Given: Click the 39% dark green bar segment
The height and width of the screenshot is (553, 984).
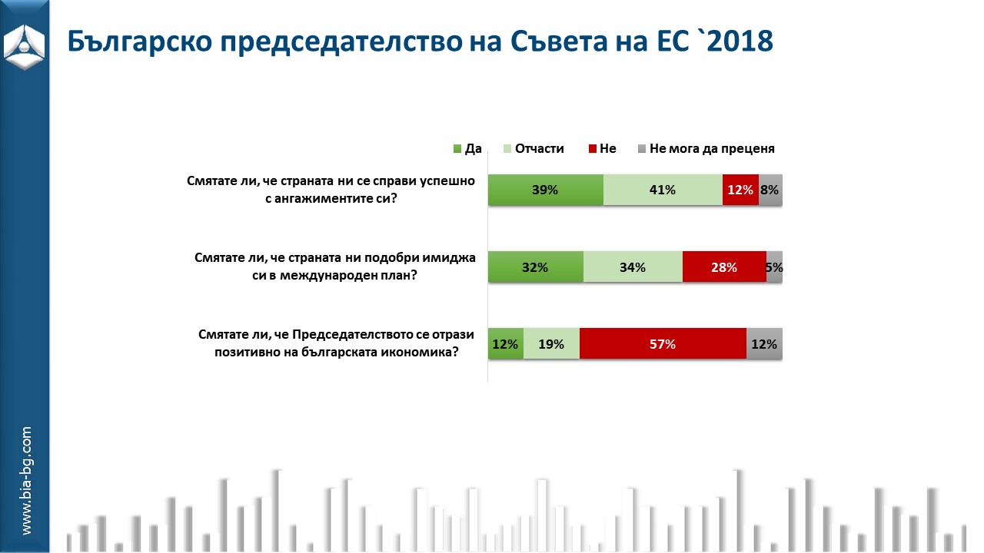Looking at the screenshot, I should (x=545, y=190).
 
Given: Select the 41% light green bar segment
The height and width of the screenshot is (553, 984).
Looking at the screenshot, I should (x=662, y=190).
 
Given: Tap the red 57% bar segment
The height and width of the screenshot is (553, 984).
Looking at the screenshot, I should (x=663, y=344).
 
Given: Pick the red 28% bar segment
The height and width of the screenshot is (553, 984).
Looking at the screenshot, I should (x=724, y=267).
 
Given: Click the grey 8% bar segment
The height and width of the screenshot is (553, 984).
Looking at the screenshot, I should (x=770, y=190).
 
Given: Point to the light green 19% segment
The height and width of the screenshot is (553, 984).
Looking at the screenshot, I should (x=551, y=344).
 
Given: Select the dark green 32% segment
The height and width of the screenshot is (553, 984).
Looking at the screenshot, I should (x=535, y=267).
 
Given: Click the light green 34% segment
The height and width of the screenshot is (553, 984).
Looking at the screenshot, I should (x=633, y=267).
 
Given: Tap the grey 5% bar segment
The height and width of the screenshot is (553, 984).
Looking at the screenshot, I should (x=774, y=267).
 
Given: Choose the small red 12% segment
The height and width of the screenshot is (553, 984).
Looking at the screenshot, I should (x=740, y=190).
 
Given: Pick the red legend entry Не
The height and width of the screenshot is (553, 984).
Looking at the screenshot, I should (x=602, y=149).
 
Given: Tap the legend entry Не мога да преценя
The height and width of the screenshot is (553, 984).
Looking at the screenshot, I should (x=705, y=149).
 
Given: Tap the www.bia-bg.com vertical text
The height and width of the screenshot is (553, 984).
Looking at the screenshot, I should (x=25, y=481).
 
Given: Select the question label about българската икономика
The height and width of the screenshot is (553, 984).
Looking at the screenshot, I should (x=336, y=344).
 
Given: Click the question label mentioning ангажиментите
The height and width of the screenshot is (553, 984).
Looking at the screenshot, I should (x=331, y=190).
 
